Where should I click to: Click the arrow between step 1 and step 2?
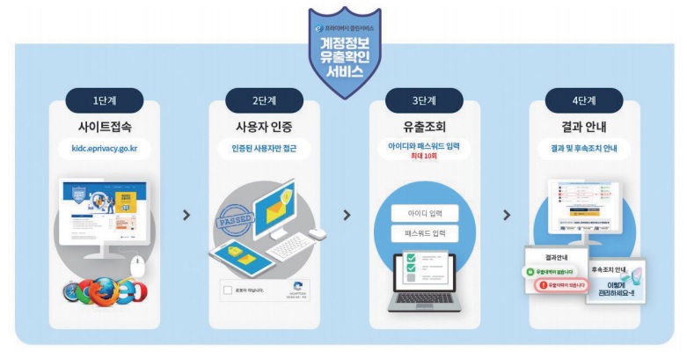tap(185, 215)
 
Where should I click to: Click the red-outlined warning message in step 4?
tap(562, 286)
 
